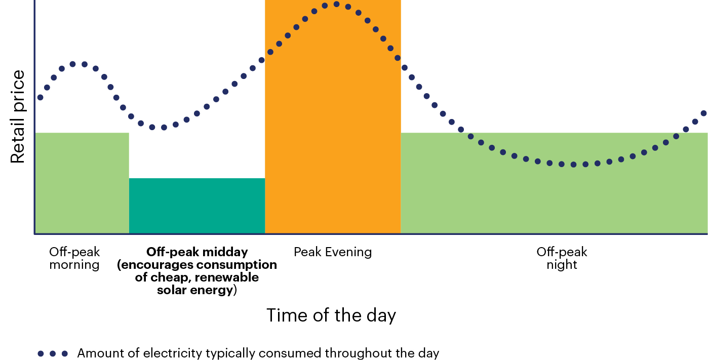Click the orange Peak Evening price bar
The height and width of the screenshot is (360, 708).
pyautogui.click(x=333, y=116)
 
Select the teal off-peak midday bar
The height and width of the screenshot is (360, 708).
pyautogui.click(x=197, y=206)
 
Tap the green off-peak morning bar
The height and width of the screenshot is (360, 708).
pyautogui.click(x=82, y=183)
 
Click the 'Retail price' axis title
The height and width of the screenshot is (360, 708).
pyautogui.click(x=18, y=116)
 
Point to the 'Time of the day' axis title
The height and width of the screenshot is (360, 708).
pyautogui.click(x=331, y=315)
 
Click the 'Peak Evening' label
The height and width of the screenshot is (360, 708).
pyautogui.click(x=333, y=252)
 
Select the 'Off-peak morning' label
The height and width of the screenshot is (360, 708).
pyautogui.click(x=74, y=258)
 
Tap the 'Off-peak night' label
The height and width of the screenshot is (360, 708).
pyautogui.click(x=562, y=258)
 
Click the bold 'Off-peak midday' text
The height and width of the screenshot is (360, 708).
pyautogui.click(x=197, y=252)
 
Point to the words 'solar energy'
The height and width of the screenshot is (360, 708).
pyautogui.click(x=194, y=290)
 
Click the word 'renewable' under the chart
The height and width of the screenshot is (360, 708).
pyautogui.click(x=227, y=277)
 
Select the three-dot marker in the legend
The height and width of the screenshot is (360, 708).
pyautogui.click(x=53, y=353)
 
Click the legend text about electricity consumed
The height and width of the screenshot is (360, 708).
pyautogui.click(x=258, y=353)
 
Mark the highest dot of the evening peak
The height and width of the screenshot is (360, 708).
pyautogui.click(x=336, y=4)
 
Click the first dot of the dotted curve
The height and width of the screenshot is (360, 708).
pyautogui.click(x=40, y=97)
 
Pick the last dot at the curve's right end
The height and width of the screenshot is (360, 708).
pyautogui.click(x=704, y=113)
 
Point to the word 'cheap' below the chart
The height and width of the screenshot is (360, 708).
pyautogui.click(x=171, y=277)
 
